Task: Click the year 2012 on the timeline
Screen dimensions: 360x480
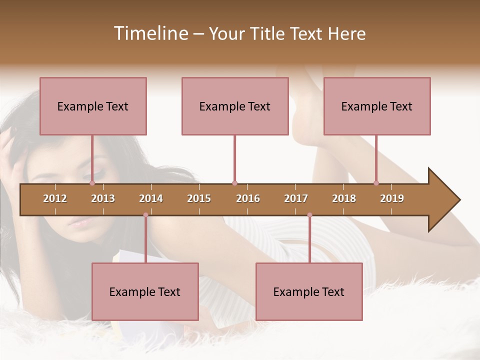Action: [55, 198]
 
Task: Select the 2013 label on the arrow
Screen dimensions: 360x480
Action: [103, 198]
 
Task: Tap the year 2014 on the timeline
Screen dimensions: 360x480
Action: [151, 198]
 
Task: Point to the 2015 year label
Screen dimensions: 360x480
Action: [199, 198]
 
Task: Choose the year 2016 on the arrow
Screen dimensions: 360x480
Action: [248, 198]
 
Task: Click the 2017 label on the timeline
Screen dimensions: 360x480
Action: [296, 198]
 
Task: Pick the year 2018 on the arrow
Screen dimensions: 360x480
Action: [344, 198]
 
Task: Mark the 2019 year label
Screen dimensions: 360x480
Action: [392, 198]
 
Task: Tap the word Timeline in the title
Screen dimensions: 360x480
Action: [150, 33]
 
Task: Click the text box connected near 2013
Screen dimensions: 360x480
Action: [93, 106]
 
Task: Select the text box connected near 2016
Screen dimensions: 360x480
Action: [235, 106]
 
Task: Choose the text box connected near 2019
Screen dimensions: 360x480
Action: [377, 106]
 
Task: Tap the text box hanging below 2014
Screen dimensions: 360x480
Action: [145, 291]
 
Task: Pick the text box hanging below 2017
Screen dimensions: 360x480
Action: [309, 291]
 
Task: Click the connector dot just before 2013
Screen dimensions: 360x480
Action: [92, 183]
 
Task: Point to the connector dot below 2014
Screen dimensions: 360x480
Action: [145, 215]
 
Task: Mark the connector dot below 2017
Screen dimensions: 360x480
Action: [309, 215]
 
